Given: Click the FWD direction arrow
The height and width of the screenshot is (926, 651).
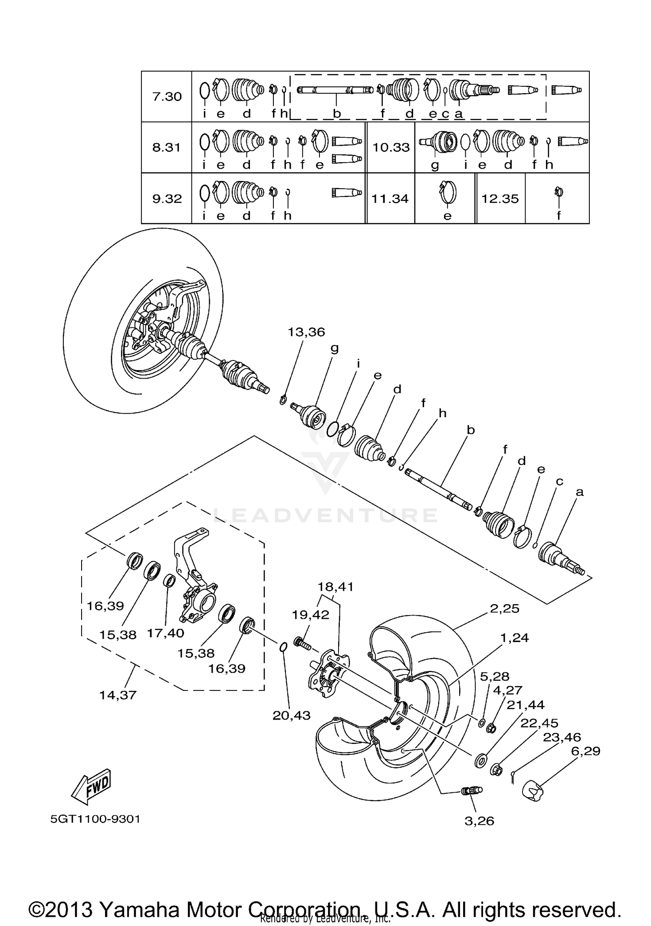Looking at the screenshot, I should tap(91, 785).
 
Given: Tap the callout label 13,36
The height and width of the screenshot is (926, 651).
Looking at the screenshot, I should tap(306, 332).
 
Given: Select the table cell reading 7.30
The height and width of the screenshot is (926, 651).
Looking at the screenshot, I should tap(167, 96).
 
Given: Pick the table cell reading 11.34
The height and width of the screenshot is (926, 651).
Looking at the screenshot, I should tap(390, 199).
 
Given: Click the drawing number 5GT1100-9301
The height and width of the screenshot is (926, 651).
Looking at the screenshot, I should tap(95, 819).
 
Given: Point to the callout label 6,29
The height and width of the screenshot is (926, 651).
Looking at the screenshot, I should tap(585, 751).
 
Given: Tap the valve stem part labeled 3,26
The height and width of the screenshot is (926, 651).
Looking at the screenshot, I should tap(470, 791).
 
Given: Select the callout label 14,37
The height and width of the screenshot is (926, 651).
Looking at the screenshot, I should tap(118, 695).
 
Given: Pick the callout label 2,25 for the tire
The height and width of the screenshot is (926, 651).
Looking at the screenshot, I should tap(504, 609).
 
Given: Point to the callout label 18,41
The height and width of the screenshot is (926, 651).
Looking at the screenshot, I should tap(335, 587).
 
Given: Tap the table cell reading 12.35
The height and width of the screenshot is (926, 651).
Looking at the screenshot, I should tap(500, 199).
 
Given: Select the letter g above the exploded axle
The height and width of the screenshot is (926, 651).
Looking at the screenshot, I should tap(334, 348).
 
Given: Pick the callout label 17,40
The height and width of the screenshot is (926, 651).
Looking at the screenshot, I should tap(165, 633).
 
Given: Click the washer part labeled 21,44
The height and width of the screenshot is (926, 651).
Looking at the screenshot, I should tap(480, 760).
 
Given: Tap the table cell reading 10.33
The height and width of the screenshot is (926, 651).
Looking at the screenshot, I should tap(391, 147).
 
